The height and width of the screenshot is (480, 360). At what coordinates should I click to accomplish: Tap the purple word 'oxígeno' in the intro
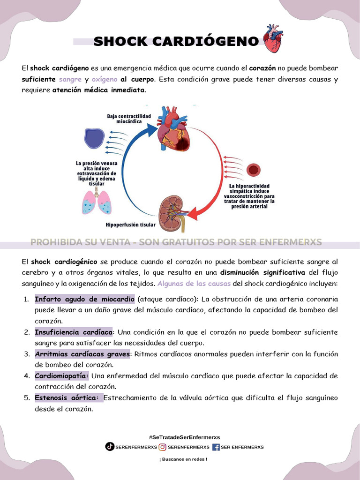pyautogui.click(x=105, y=79)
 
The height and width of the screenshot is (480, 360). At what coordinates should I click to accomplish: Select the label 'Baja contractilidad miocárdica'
pyautogui.click(x=129, y=118)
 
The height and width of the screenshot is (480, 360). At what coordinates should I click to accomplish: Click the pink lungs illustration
pyautogui.click(x=97, y=202)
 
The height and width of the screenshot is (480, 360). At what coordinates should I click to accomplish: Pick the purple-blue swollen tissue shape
pyautogui.click(x=95, y=139)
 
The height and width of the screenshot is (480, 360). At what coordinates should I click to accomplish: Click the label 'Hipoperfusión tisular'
pyautogui.click(x=130, y=225)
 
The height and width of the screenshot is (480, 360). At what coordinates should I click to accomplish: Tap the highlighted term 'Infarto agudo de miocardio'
pyautogui.click(x=85, y=299)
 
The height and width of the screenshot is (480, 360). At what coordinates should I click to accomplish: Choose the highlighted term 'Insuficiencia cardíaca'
pyautogui.click(x=74, y=332)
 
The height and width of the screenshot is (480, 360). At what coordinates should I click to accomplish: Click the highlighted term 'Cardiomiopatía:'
pyautogui.click(x=62, y=375)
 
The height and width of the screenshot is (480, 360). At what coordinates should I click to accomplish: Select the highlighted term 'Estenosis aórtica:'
pyautogui.click(x=67, y=397)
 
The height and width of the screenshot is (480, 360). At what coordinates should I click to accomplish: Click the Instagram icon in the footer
pyautogui.click(x=163, y=447)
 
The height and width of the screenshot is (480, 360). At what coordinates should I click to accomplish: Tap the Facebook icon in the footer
pyautogui.click(x=216, y=447)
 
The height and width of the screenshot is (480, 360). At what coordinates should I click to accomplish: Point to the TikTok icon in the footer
pyautogui.click(x=110, y=447)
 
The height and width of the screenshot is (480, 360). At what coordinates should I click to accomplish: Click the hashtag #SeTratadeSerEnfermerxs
pyautogui.click(x=184, y=437)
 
